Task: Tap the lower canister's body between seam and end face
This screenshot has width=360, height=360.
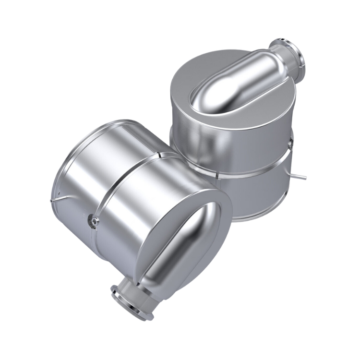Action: coord(149,206)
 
